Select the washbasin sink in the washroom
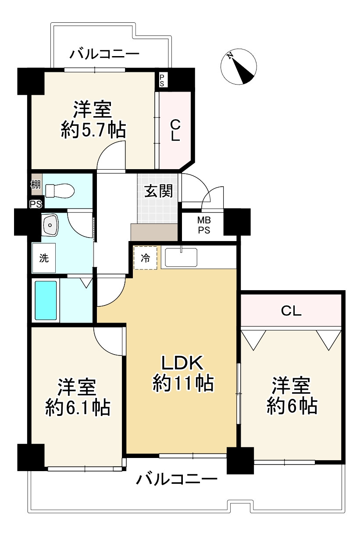[x=51, y=225]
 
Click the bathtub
[x=46, y=300]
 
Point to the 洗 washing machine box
[x=44, y=258]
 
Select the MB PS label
[x=203, y=226]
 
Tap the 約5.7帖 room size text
[x=93, y=130]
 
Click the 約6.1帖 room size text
[x=77, y=408]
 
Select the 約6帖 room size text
[x=292, y=407]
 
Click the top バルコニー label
[x=105, y=54]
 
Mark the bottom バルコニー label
[x=177, y=479]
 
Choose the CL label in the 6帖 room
[x=291, y=311]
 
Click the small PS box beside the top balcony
[x=162, y=80]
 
